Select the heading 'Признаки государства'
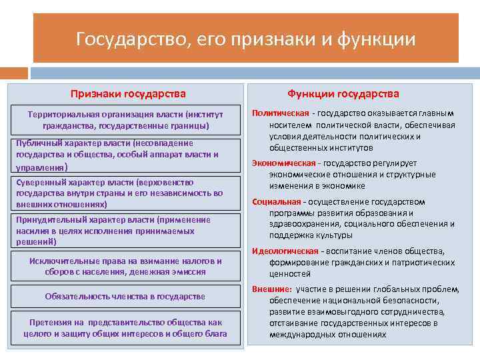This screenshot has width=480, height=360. click(x=128, y=94)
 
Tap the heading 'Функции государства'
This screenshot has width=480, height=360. click(x=343, y=94)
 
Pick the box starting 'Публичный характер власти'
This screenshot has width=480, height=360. click(x=125, y=154)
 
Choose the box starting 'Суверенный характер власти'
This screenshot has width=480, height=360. click(x=125, y=193)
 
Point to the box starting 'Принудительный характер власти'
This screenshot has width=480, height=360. click(x=125, y=230)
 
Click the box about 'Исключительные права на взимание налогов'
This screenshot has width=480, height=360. click(x=125, y=266)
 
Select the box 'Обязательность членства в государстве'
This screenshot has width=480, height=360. click(x=125, y=296)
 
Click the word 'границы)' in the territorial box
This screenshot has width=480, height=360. click(x=191, y=125)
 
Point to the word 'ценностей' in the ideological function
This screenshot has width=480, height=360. click(x=290, y=273)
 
